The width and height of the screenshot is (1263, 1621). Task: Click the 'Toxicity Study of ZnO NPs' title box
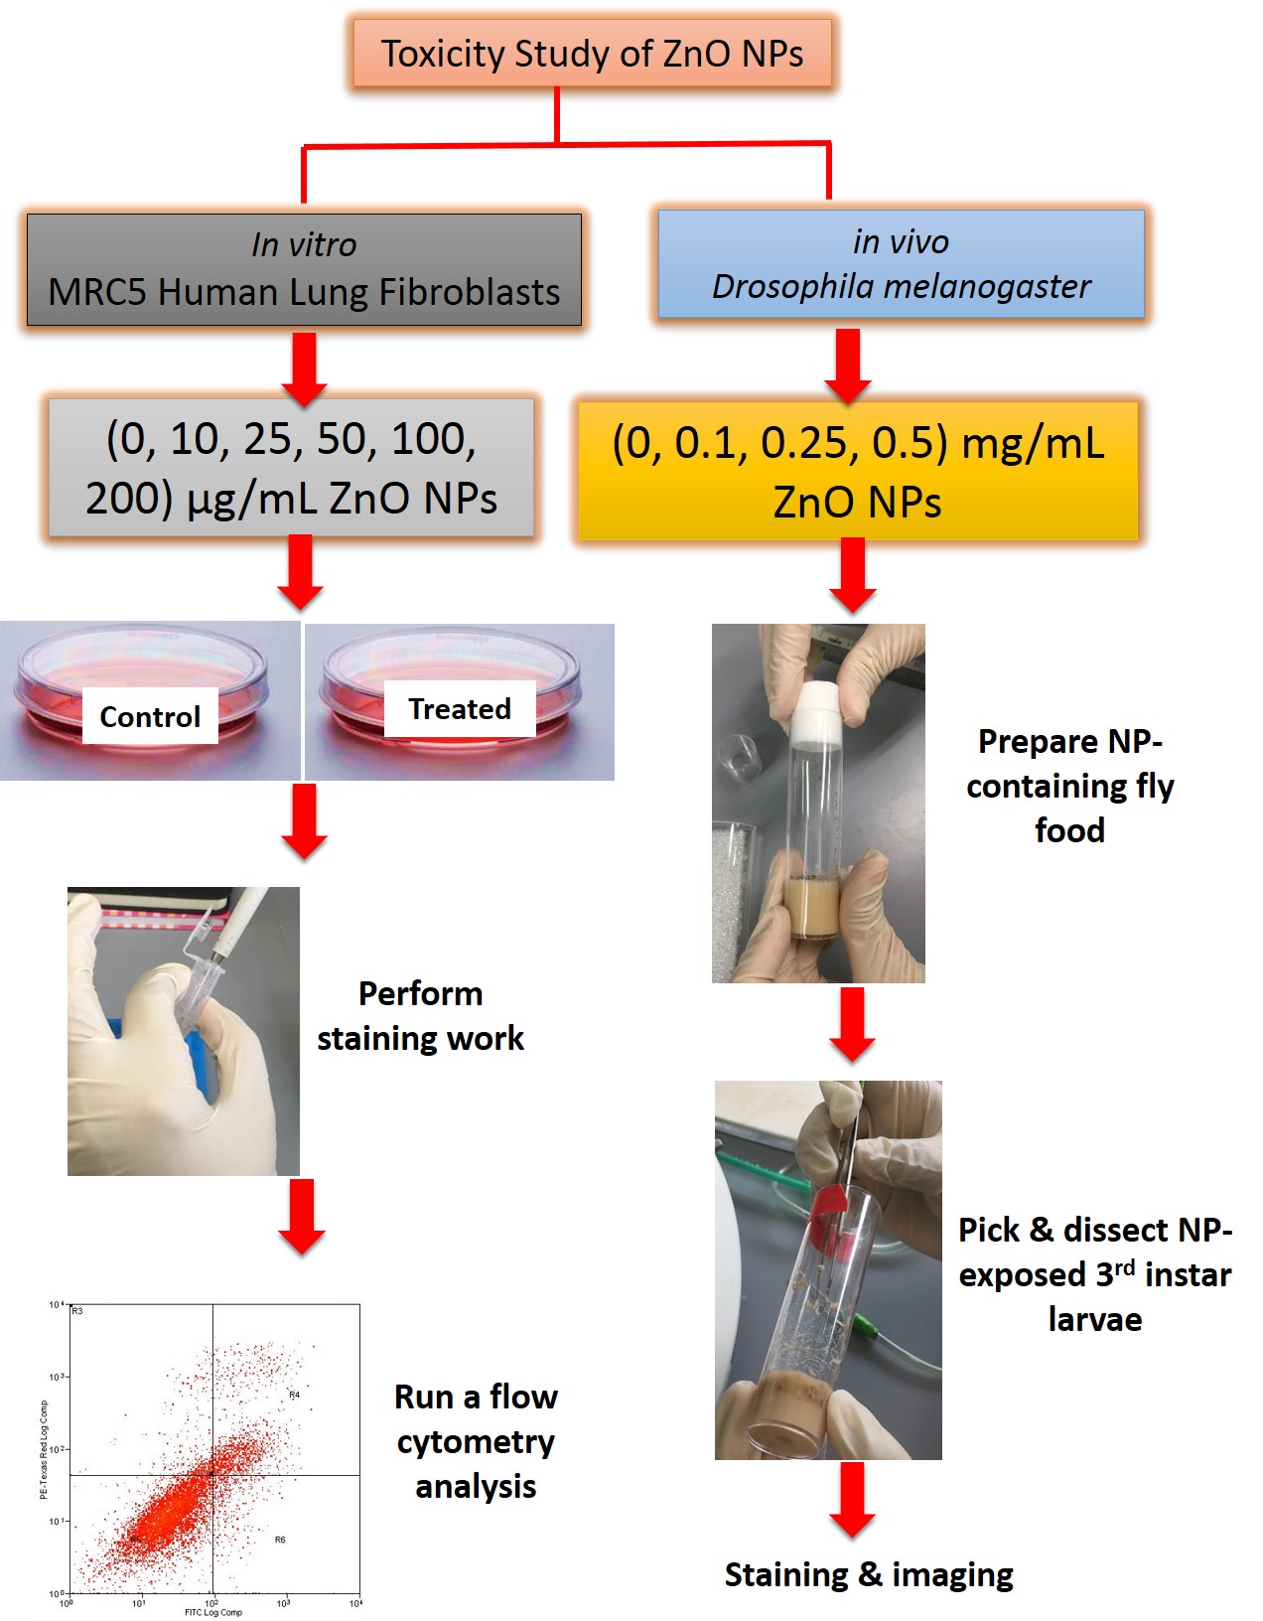[592, 54]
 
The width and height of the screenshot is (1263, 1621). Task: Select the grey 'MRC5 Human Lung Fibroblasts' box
[304, 269]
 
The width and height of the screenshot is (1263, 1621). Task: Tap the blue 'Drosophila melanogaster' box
[901, 264]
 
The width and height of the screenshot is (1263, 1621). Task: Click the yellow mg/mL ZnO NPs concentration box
[858, 471]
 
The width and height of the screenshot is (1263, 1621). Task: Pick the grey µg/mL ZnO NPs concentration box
[291, 468]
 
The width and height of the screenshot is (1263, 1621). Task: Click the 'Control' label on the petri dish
[150, 716]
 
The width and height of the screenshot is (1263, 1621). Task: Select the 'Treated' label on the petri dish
[460, 709]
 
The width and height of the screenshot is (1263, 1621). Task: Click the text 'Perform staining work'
[420, 1015]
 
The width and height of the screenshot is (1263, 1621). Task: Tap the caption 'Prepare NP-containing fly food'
[1069, 786]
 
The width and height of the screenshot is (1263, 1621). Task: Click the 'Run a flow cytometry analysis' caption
[476, 1441]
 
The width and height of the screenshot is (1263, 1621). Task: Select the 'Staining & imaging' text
[869, 1575]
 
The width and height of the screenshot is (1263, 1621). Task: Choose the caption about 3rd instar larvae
[1094, 1274]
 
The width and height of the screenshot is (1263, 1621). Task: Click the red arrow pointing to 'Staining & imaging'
[852, 1501]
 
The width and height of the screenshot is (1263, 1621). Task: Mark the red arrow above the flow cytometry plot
[301, 1217]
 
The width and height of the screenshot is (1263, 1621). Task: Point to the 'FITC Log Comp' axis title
[212, 1612]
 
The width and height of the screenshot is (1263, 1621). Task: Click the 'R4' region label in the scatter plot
[294, 1396]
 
